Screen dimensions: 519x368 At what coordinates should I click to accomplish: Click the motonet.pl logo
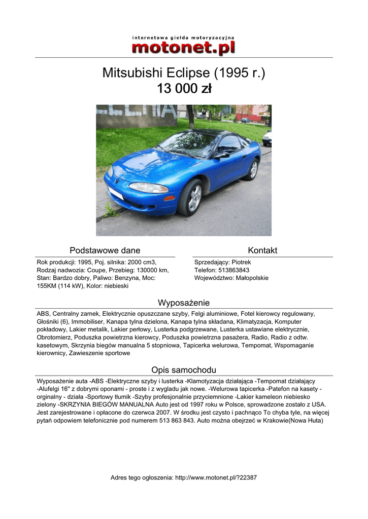(184, 46)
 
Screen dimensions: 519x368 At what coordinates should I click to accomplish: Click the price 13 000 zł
(184, 89)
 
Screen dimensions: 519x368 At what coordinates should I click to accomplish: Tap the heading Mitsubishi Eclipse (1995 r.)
(184, 73)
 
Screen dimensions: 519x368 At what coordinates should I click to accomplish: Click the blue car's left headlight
(148, 188)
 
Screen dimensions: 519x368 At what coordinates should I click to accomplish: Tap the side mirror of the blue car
(222, 155)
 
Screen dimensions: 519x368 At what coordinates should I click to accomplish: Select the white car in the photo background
(267, 138)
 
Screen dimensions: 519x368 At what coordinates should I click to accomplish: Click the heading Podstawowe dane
(105, 250)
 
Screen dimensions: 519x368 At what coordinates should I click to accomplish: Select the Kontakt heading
(262, 250)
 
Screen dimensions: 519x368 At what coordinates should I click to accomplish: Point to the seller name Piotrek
(241, 262)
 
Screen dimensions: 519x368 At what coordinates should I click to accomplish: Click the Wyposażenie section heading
(184, 303)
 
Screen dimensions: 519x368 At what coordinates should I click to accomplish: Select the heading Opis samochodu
(184, 370)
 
